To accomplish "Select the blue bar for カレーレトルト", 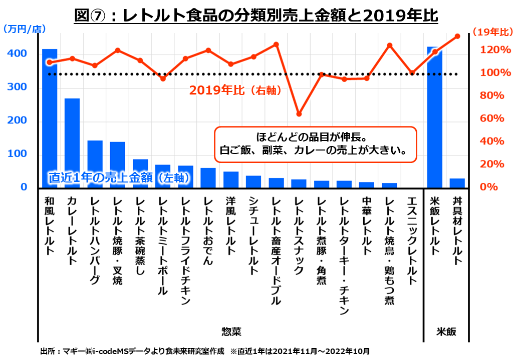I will point(72,143).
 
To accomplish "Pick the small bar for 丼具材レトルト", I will point(457,183).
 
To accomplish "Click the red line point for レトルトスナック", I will point(299,114).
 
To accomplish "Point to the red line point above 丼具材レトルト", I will point(457,36).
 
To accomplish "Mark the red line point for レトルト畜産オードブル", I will point(276,44).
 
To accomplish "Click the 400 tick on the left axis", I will point(17,53).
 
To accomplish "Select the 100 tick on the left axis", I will point(17,154).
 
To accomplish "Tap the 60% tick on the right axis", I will point(492,118).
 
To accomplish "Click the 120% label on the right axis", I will point(494,50).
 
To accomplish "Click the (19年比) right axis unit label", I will point(493,32).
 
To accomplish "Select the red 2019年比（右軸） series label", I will point(234,90).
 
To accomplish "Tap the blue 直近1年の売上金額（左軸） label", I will point(112,177).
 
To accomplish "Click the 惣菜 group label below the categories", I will point(231,331).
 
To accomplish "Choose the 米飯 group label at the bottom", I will point(446,331).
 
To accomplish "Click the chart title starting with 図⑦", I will point(256,15).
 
